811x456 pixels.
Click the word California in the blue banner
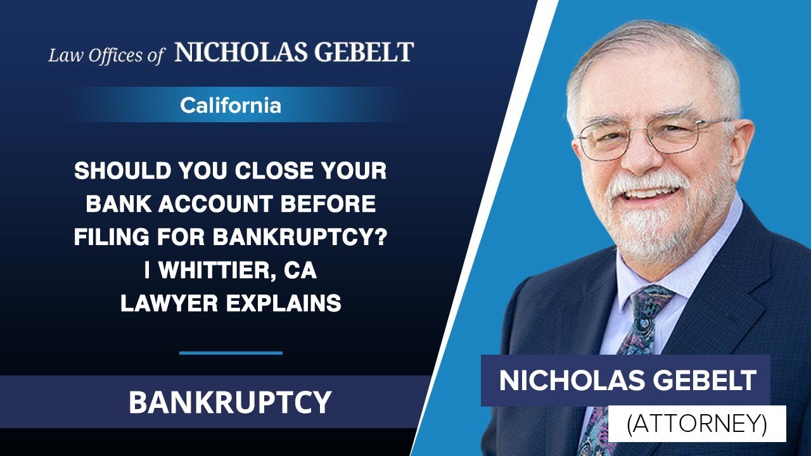[x=230, y=105]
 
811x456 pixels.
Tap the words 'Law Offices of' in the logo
[x=106, y=55]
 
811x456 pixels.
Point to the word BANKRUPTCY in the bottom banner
[x=230, y=402]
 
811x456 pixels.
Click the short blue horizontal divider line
[x=231, y=353]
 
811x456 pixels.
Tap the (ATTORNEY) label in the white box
[x=696, y=424]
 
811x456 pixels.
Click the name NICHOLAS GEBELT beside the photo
[x=627, y=381]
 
